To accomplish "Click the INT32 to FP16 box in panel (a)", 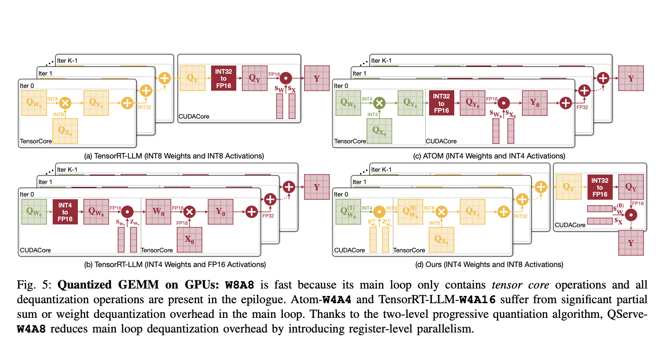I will [x=223, y=78].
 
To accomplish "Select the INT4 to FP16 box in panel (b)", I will [x=65, y=212].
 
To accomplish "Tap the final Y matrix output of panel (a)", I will [x=317, y=78].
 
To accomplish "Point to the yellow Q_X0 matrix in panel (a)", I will [x=65, y=130].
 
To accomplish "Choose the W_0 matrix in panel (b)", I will [x=158, y=212].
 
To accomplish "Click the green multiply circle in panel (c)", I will [x=379, y=103].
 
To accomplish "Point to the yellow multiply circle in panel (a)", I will [x=65, y=103].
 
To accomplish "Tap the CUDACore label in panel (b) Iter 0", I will [x=35, y=250].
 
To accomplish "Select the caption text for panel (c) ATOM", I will [x=489, y=156].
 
